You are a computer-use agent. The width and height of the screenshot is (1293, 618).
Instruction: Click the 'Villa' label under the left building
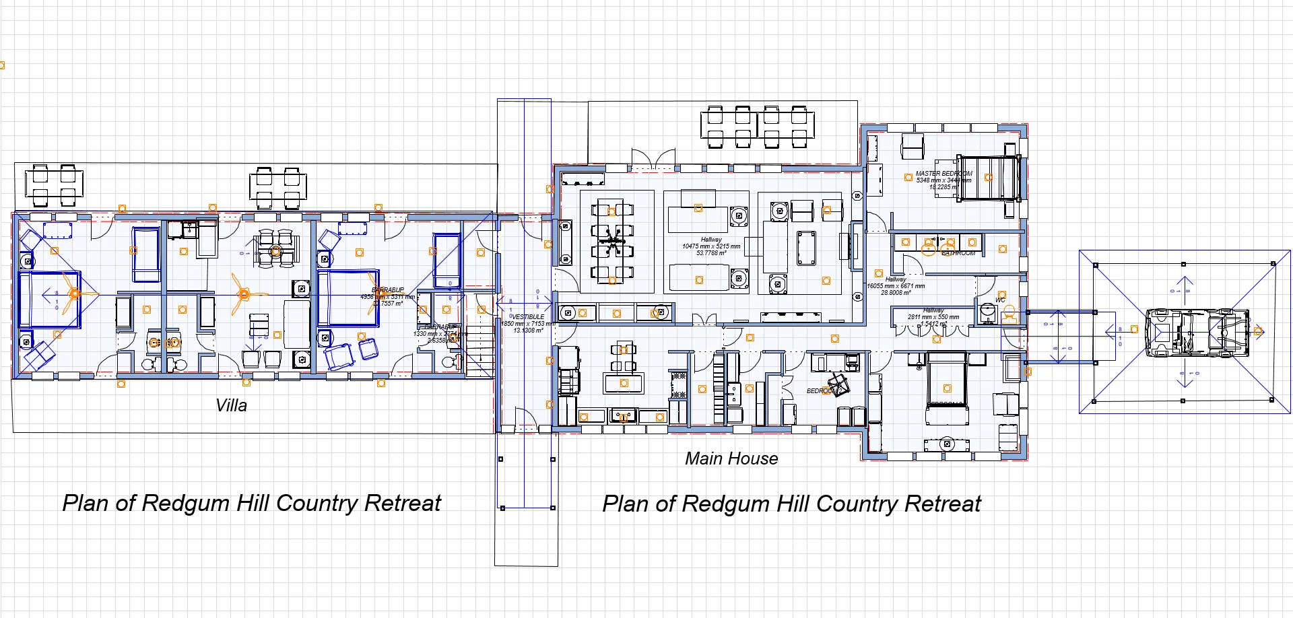coord(231,405)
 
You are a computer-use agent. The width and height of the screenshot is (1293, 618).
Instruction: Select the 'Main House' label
coord(731,458)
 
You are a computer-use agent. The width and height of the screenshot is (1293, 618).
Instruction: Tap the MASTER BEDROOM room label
coord(943,173)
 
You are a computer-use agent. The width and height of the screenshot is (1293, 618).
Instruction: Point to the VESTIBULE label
coord(528,316)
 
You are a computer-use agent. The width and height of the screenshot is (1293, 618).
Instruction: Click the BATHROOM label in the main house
coord(958,253)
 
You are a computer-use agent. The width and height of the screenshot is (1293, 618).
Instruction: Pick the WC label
coord(1000,300)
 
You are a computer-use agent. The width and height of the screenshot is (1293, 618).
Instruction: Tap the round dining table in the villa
coord(275,251)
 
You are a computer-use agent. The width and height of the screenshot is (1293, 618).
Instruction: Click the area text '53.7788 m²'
coord(711,253)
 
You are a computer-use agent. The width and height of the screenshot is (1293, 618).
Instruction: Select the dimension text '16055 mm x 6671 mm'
coord(896,286)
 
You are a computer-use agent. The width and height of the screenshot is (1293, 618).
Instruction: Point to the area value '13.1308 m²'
coord(528,331)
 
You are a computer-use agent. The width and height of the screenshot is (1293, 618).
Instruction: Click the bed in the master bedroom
coord(987,178)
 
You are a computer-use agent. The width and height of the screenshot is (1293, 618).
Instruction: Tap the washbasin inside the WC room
coord(987,312)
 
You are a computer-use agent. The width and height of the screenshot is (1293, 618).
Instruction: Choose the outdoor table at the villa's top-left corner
coord(54,185)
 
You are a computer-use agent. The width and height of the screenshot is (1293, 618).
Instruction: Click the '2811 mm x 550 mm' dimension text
coord(933,316)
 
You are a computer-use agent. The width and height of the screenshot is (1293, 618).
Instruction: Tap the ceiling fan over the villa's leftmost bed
coord(74,294)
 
